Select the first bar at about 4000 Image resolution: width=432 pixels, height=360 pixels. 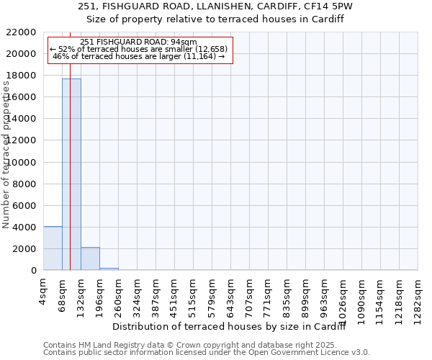click(53, 248)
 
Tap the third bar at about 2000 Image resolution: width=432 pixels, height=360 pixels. click(90, 258)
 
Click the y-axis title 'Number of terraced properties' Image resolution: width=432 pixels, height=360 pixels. click(6, 155)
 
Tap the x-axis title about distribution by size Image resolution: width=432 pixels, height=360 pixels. click(230, 327)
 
